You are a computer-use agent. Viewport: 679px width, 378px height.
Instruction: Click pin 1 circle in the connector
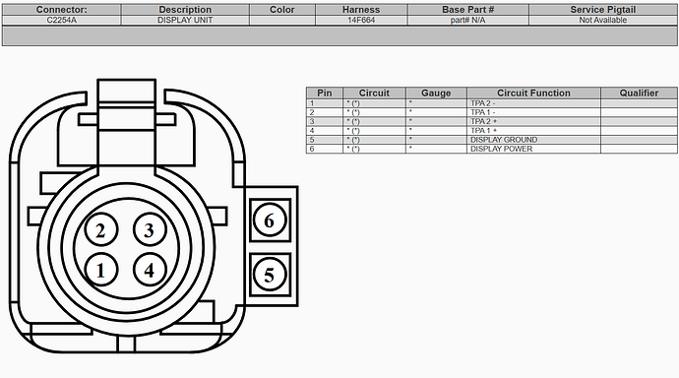(x=100, y=269)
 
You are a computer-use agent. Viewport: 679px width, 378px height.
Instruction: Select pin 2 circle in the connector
(x=100, y=231)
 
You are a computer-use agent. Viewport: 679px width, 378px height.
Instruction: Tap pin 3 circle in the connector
(x=149, y=231)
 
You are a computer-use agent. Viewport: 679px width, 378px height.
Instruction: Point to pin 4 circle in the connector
(x=149, y=269)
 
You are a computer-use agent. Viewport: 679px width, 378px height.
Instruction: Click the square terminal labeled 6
(x=270, y=220)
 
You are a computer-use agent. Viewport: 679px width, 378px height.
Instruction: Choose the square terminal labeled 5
(x=270, y=275)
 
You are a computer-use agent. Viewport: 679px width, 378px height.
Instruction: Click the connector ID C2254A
(x=62, y=20)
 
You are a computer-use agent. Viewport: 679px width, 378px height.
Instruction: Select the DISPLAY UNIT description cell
(x=184, y=20)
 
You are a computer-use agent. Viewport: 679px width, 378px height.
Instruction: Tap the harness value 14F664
(x=361, y=20)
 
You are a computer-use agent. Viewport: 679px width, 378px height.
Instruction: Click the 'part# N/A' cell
(x=467, y=20)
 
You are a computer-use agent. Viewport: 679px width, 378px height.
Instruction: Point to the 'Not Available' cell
(x=602, y=20)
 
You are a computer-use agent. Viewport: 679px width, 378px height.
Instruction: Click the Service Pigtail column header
(x=602, y=10)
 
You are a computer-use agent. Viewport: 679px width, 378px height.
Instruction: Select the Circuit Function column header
(x=532, y=94)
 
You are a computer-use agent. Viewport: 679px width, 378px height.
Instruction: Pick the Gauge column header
(x=436, y=94)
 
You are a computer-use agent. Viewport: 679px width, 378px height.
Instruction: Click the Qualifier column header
(x=639, y=94)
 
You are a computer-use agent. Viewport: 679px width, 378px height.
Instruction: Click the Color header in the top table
(x=281, y=10)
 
